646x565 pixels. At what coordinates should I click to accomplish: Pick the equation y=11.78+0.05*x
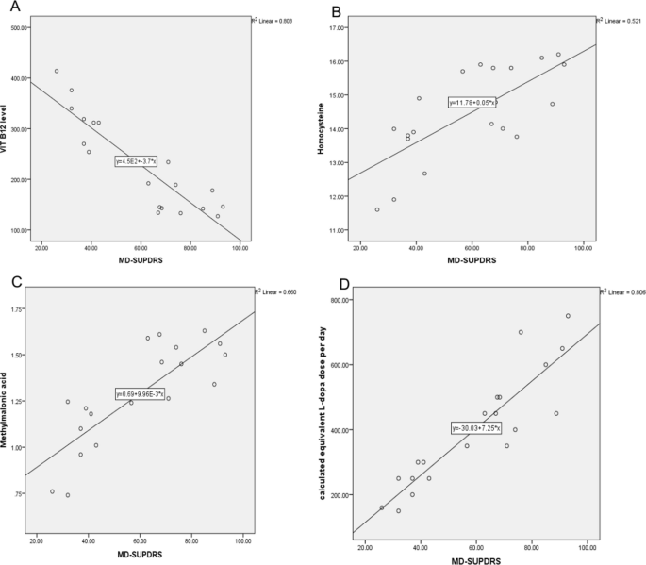coord(472,102)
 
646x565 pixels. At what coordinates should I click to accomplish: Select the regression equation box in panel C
coord(141,393)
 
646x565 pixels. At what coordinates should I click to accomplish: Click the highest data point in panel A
coord(57,71)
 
